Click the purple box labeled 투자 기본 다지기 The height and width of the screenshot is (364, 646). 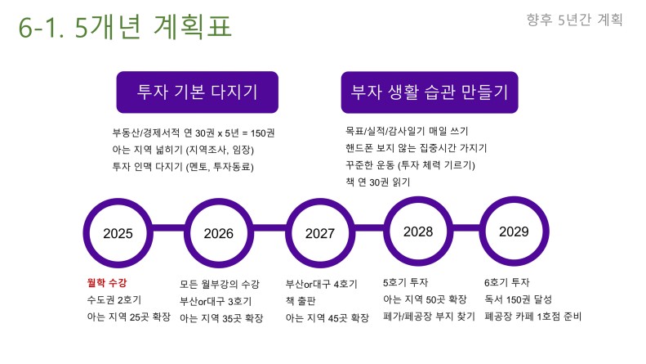(x=198, y=92)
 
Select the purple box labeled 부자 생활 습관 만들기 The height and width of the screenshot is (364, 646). (x=430, y=92)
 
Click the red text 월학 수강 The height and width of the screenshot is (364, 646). (x=107, y=283)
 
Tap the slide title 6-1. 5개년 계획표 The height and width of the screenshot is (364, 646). (x=125, y=27)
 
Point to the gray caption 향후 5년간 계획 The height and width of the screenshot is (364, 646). (x=574, y=20)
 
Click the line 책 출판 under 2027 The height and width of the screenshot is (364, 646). (x=301, y=301)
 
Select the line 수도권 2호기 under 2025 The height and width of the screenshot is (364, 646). (x=114, y=299)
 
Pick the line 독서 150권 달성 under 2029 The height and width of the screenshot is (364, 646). (x=518, y=299)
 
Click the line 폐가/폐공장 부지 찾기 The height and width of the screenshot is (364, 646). (x=429, y=317)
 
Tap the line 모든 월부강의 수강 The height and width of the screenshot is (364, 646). (x=220, y=284)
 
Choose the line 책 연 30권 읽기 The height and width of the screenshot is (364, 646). (x=378, y=182)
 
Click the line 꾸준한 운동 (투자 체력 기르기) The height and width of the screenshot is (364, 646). (x=410, y=165)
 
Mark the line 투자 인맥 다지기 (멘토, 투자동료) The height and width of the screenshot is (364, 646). (x=183, y=167)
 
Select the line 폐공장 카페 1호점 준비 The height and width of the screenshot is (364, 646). (x=532, y=317)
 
